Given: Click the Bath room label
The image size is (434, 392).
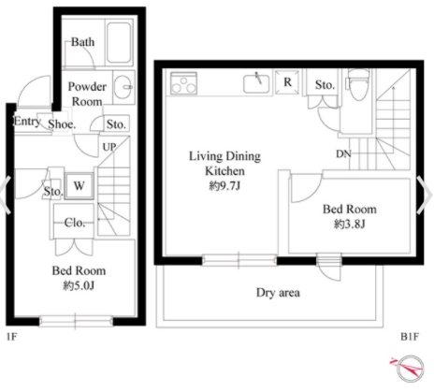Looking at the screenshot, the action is coord(82,42).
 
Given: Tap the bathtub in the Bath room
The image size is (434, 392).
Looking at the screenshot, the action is coord(119,42).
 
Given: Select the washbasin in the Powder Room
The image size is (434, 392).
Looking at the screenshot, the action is coord(123,87).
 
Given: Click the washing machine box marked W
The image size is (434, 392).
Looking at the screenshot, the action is coord(80,186).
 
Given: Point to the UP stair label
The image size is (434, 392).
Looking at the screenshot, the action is coord(109,147).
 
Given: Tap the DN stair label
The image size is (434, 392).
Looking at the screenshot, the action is coord(343,153).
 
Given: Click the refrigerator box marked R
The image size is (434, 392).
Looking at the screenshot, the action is coord(287,82).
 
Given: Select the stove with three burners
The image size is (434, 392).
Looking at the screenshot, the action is coord(183,83).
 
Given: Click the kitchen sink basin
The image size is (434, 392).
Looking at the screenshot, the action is coord(256,84).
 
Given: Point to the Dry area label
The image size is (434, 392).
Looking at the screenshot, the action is coord(278,293).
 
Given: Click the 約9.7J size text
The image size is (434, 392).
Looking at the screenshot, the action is coord(224,186).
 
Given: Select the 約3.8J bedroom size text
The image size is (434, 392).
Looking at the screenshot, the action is coord(350,224).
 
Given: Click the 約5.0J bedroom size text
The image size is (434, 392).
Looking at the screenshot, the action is coord(79,285).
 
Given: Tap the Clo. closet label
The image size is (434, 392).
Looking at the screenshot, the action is coord(75,223).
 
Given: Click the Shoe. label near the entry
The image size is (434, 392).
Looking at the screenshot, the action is coord(62,124).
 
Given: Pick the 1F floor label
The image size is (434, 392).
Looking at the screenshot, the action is coord(12,337).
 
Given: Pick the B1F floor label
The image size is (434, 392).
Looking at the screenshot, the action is coord(410,337).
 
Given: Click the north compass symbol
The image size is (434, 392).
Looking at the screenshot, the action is coord(408,369).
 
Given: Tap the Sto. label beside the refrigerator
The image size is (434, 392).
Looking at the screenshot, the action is coord(325,84).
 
